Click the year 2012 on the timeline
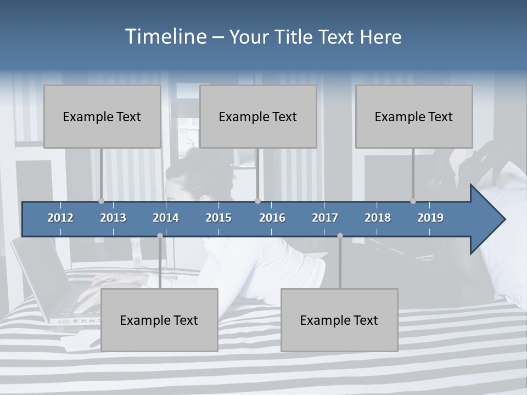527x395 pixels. [x=60, y=218]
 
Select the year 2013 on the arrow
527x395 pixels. [x=113, y=218]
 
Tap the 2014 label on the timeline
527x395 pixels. [x=166, y=218]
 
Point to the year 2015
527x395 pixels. [x=218, y=218]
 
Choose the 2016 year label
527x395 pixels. [x=272, y=218]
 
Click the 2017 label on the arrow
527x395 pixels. [x=325, y=218]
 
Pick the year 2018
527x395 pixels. [x=378, y=218]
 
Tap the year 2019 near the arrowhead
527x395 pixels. [x=430, y=218]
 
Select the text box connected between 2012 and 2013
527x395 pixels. [x=102, y=116]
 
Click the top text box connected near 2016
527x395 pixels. [x=258, y=116]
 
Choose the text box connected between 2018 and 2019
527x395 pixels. [x=414, y=116]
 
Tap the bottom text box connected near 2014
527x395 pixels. [x=159, y=320]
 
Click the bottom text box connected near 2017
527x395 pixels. [x=339, y=320]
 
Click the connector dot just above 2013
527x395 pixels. [x=101, y=201]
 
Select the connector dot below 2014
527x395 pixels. [x=160, y=235]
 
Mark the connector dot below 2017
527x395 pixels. [x=340, y=235]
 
